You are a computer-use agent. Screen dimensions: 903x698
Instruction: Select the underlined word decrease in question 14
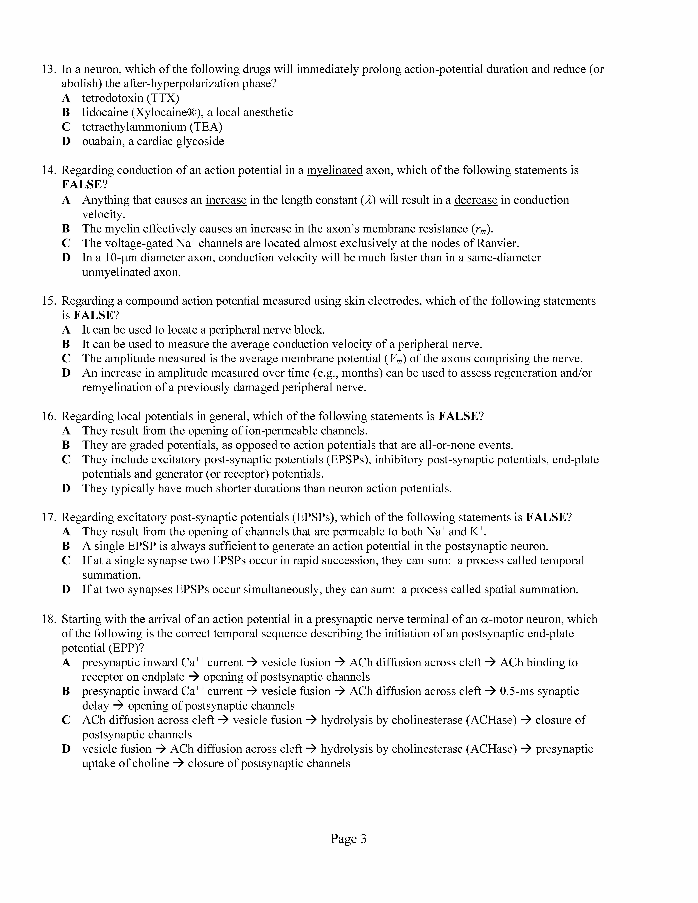[x=476, y=200]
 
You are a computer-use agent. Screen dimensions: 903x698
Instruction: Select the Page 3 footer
[x=349, y=838]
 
